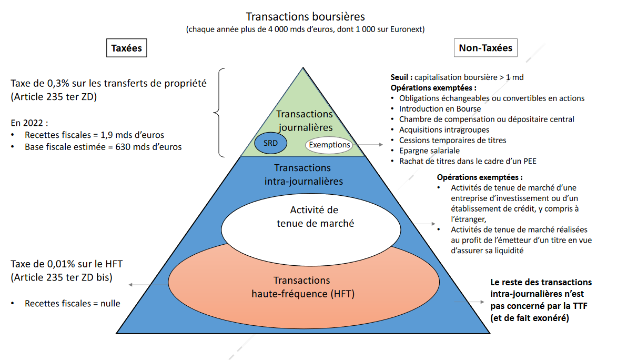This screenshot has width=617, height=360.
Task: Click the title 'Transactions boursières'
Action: pyautogui.click(x=305, y=17)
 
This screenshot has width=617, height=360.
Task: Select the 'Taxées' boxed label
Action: pyautogui.click(x=126, y=48)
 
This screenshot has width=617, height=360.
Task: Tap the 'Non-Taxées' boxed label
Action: pyautogui.click(x=485, y=48)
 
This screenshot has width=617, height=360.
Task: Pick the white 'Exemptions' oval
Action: pyautogui.click(x=329, y=144)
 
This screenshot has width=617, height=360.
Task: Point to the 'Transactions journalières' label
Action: pyautogui.click(x=305, y=121)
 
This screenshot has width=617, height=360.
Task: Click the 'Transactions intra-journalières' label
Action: pyautogui.click(x=302, y=174)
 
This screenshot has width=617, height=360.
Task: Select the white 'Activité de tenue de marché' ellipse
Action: pyautogui.click(x=313, y=224)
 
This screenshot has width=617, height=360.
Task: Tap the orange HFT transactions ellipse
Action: pyautogui.click(x=302, y=287)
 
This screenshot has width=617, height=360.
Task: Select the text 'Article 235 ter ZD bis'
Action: pyautogui.click(x=62, y=277)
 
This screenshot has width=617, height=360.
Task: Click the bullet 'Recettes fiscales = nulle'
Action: pyautogui.click(x=72, y=303)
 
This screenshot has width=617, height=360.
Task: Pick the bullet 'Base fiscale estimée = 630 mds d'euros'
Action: pyautogui.click(x=103, y=147)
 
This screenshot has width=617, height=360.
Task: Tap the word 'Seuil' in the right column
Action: pyautogui.click(x=402, y=77)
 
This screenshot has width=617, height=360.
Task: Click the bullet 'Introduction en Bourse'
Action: pyautogui.click(x=440, y=108)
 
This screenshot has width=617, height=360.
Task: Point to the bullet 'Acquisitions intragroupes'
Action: pyautogui.click(x=444, y=129)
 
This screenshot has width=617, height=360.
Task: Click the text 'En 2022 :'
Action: pyautogui.click(x=29, y=123)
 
